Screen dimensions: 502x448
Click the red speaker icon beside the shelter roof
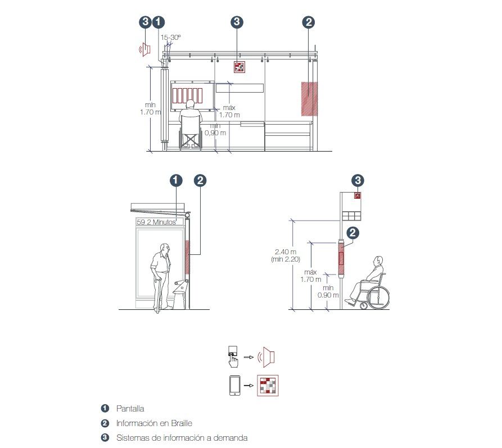tap(145, 49)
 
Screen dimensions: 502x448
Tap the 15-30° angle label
tap(171, 38)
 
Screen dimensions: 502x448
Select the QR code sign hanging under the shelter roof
tap(239, 67)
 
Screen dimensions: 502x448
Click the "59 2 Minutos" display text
tap(156, 222)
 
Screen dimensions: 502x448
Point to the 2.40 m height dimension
tap(286, 252)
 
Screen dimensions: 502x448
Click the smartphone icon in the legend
tap(234, 385)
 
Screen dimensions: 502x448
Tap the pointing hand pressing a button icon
tap(233, 356)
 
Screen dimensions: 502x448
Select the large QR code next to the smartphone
tap(268, 385)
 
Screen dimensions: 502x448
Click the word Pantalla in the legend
tap(130, 408)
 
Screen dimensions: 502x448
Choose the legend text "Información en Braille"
tap(154, 423)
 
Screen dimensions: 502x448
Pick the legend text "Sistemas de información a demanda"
tap(182, 438)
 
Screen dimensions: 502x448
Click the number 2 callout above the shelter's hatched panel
tap(309, 22)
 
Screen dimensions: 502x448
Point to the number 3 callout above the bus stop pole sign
tap(358, 180)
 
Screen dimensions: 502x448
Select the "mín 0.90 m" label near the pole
tap(328, 291)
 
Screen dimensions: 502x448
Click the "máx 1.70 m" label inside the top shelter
tap(229, 111)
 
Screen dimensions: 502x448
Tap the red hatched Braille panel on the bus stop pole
tap(341, 258)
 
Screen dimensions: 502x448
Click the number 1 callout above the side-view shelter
tap(176, 180)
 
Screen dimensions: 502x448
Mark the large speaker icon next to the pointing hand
tap(266, 356)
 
